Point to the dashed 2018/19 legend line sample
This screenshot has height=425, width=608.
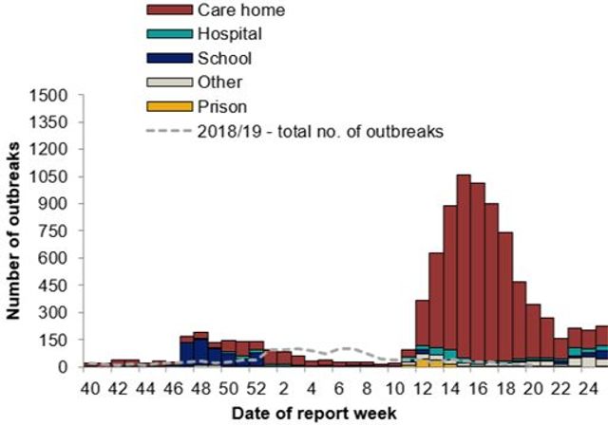click(x=165, y=132)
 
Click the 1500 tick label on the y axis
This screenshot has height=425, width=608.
click(x=49, y=95)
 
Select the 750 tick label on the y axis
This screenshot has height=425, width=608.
click(x=54, y=231)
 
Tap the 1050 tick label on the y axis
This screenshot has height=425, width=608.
click(x=49, y=176)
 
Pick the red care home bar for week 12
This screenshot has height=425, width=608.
click(x=422, y=323)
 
